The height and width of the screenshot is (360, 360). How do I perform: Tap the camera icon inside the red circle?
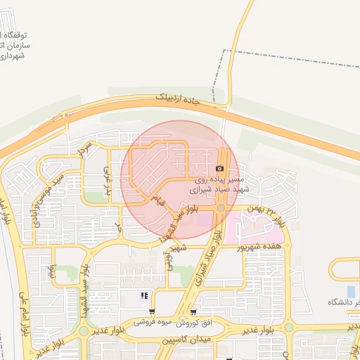click(x=220, y=169)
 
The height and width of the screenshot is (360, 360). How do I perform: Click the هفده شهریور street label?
click(x=263, y=246)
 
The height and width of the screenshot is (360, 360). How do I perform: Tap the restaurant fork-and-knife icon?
click(x=144, y=296)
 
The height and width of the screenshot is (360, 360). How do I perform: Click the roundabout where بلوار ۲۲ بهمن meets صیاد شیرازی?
click(x=221, y=207)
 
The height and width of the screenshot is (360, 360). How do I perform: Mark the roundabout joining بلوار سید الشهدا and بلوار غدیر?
click(x=84, y=330)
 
